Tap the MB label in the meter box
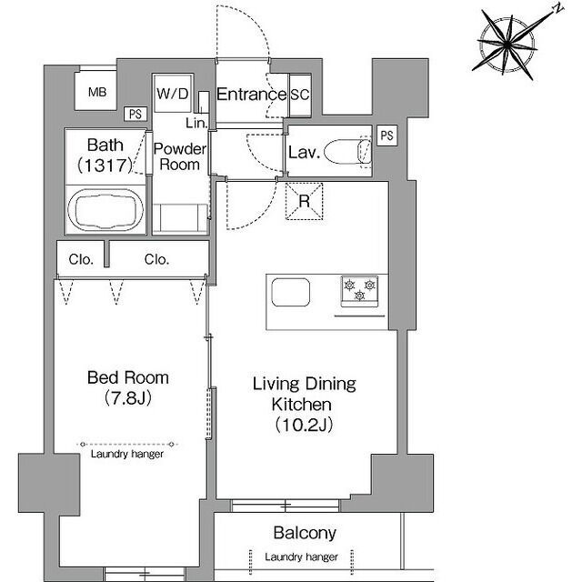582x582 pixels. [x=97, y=92]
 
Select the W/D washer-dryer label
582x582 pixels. [x=173, y=94]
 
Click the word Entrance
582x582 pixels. [x=251, y=95]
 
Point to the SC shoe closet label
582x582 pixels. [x=300, y=95]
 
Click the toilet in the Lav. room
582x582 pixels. [x=347, y=152]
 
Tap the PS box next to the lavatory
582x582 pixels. [x=386, y=135]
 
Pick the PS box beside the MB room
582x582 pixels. [x=135, y=114]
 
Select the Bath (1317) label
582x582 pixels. [x=105, y=156]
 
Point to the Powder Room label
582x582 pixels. [x=180, y=156]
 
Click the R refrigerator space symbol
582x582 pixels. [x=304, y=201]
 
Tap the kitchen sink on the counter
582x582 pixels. [x=291, y=292]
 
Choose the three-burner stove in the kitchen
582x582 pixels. [x=359, y=291]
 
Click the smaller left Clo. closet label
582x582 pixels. [x=81, y=259]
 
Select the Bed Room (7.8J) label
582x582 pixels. [x=128, y=387]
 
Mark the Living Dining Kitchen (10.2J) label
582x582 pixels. [x=304, y=404]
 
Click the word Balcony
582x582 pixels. [x=305, y=534]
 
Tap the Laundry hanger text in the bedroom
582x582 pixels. [x=127, y=454]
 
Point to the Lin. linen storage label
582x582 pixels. [x=196, y=123]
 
